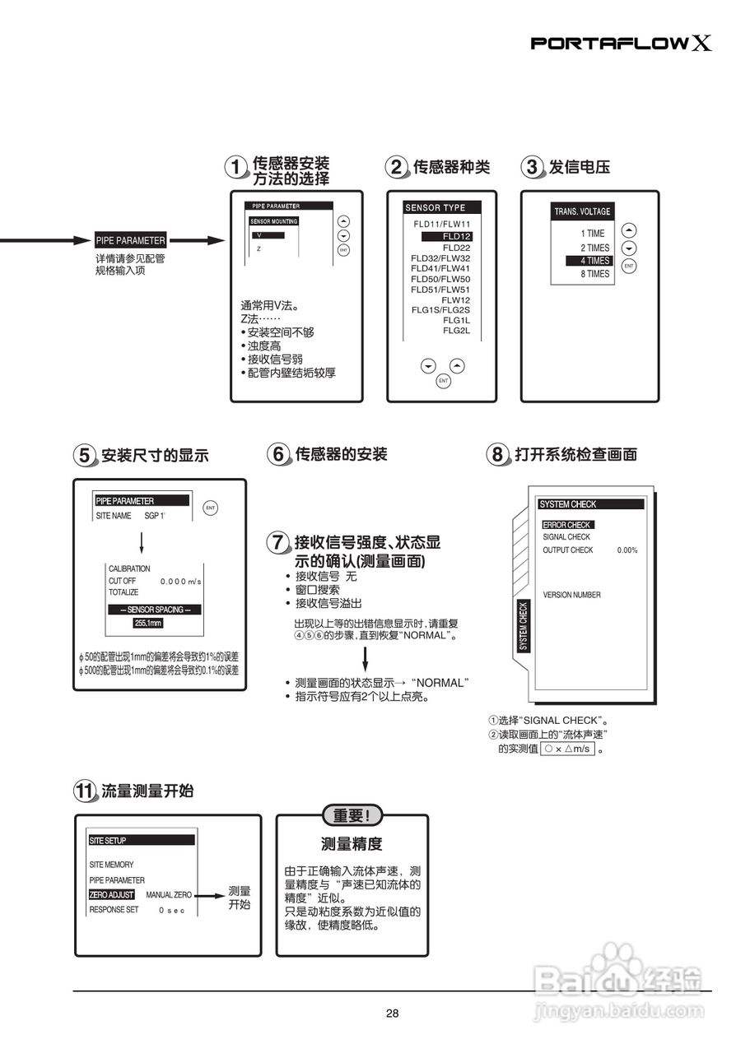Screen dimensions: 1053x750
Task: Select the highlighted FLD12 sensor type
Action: (x=447, y=236)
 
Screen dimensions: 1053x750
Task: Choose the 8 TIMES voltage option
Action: (x=594, y=274)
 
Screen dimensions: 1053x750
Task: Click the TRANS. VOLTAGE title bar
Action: (x=582, y=211)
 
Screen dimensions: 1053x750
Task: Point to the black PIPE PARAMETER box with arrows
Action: (x=130, y=241)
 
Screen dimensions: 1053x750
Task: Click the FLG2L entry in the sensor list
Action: (x=456, y=331)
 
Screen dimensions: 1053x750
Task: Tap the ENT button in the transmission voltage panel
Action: (x=629, y=266)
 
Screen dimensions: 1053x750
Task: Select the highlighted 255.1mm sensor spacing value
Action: (x=149, y=624)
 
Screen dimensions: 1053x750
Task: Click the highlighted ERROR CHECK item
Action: (x=567, y=525)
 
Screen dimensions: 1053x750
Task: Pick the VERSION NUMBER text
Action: (x=571, y=595)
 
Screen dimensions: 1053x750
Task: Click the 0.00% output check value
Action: (x=627, y=550)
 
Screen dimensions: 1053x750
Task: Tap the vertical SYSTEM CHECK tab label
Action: (x=523, y=626)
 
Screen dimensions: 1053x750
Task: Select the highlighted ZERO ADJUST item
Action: (x=111, y=894)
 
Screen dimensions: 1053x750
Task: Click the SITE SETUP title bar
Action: (x=142, y=840)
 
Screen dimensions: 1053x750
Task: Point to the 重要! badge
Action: (x=352, y=815)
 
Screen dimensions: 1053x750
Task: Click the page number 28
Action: (x=392, y=1014)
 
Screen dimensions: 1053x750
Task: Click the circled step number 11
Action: (x=85, y=791)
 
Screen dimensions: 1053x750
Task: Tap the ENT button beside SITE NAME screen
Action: (x=210, y=508)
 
